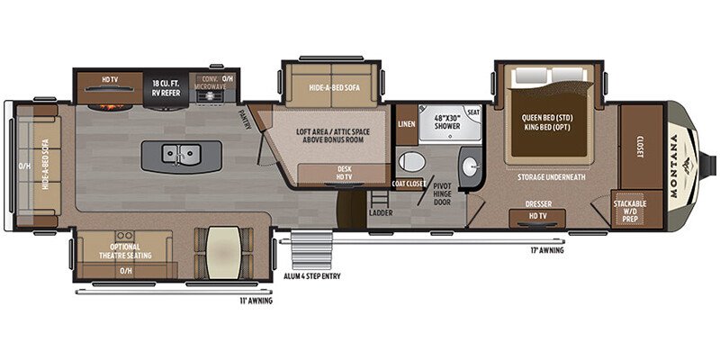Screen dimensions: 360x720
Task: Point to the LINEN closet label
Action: (x=407, y=124)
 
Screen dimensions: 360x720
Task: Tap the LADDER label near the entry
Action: (x=379, y=213)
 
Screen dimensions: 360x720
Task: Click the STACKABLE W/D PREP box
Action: (x=630, y=209)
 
